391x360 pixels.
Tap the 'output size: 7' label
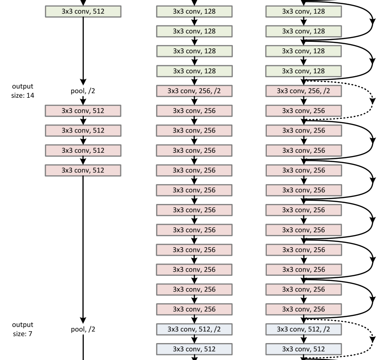[23, 329]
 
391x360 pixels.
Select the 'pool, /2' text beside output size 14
[83, 91]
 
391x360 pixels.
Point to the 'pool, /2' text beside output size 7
[83, 329]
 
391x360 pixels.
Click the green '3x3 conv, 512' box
[83, 11]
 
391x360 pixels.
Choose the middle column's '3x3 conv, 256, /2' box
[194, 91]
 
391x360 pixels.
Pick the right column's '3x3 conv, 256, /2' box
[303, 91]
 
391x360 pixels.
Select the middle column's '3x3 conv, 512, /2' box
[194, 329]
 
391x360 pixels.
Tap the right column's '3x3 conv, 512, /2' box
[303, 329]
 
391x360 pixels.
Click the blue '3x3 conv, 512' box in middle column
[194, 349]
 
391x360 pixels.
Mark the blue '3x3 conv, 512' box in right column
[303, 349]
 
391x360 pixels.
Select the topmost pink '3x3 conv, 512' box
[83, 111]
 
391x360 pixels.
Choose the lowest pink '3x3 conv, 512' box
[83, 170]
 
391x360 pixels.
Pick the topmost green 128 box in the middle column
[194, 11]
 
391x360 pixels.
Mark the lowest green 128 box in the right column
[303, 71]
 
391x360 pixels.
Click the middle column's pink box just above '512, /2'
[194, 309]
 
